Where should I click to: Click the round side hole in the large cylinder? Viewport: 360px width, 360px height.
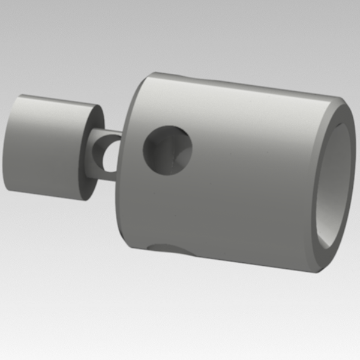point(167,150)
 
